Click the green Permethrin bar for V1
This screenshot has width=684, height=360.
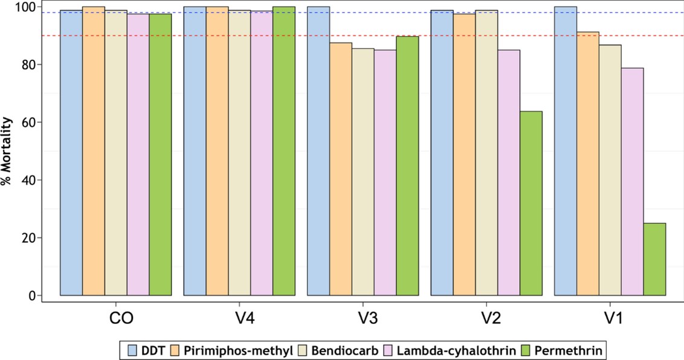[x=654, y=259]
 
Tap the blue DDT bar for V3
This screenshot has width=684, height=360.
[x=318, y=151]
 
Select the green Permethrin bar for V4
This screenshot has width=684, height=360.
[x=284, y=151]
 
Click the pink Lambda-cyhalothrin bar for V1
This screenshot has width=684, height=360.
[x=632, y=181]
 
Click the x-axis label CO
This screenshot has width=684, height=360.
[x=116, y=318]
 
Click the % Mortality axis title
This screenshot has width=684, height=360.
[x=7, y=151]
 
